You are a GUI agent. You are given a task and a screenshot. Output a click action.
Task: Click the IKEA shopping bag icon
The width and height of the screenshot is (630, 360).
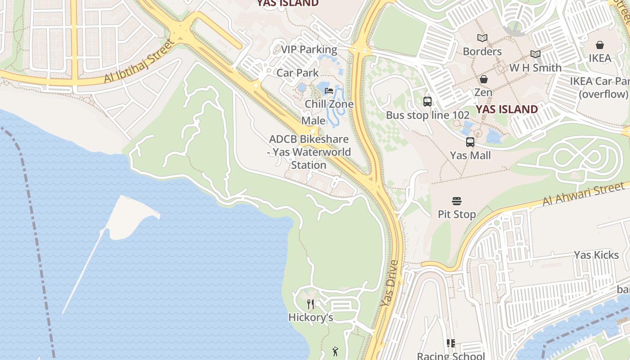pyautogui.click(x=599, y=45)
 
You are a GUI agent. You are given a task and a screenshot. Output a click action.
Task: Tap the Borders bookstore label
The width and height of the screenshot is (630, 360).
pyautogui.click(x=482, y=51)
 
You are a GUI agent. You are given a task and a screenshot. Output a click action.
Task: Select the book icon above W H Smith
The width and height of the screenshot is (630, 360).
pyautogui.click(x=535, y=54)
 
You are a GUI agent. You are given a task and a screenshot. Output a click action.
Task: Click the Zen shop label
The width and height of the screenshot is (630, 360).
pyautogui.click(x=483, y=92)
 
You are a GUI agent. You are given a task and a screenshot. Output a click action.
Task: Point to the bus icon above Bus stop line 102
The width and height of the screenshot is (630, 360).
pyautogui.click(x=427, y=102)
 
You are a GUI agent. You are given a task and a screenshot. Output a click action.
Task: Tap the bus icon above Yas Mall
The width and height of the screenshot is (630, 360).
pyautogui.click(x=470, y=142)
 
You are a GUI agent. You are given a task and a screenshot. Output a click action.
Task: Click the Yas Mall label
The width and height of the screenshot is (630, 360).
pyautogui.click(x=470, y=155)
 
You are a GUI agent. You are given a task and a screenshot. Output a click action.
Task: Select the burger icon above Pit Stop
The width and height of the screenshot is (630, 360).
pyautogui.click(x=457, y=201)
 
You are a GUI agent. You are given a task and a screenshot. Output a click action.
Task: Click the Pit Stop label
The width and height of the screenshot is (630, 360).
pyautogui.click(x=457, y=214)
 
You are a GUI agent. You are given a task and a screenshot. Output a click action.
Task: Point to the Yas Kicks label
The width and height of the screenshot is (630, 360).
pyautogui.click(x=596, y=255)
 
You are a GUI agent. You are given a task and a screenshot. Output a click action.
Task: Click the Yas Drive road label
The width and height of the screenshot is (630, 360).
pyautogui.click(x=390, y=283)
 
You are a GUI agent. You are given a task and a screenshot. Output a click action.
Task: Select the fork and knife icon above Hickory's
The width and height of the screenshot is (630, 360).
pyautogui.click(x=310, y=304)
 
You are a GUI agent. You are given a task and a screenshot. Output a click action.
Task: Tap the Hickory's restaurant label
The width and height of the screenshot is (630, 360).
pyautogui.click(x=310, y=317)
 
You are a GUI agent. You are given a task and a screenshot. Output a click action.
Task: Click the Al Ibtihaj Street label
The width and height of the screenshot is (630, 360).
pyautogui.click(x=139, y=62)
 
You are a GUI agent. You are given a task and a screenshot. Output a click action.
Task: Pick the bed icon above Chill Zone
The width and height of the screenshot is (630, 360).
pyautogui.click(x=329, y=91)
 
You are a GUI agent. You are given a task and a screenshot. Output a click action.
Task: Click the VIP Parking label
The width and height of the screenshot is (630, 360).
pyautogui.click(x=309, y=49)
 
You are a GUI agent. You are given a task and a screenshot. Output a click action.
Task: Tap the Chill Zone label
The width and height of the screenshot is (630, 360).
pyautogui.click(x=329, y=104)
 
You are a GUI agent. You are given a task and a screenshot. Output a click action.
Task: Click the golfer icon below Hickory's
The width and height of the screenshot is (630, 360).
pyautogui.click(x=335, y=351)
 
